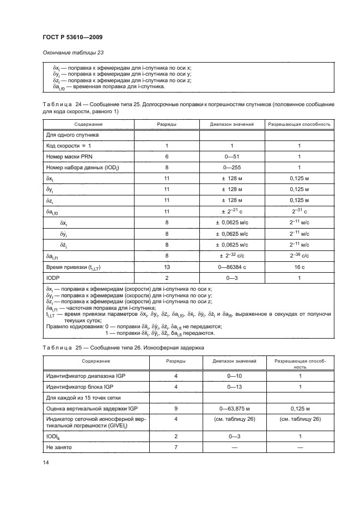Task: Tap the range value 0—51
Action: tap(231, 156)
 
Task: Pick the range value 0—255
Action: tap(231, 167)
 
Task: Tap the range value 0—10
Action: tap(231, 376)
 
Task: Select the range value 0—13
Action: tap(231, 387)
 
